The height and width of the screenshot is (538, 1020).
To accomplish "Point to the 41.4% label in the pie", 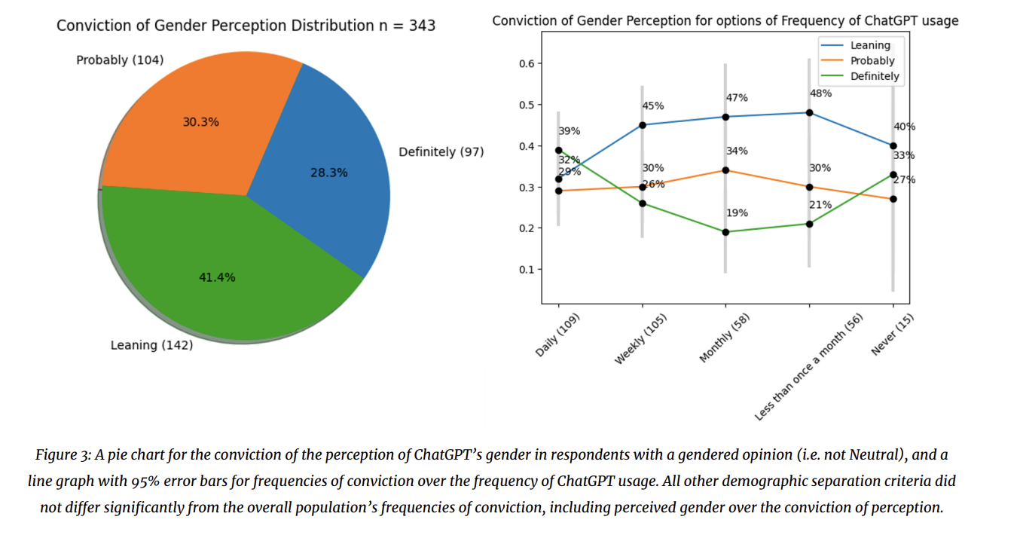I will point(217,277).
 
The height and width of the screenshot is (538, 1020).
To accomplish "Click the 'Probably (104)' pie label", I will point(120,60).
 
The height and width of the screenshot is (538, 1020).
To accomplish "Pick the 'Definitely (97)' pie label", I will point(441,152).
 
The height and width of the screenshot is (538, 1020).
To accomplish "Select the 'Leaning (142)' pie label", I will point(151,345).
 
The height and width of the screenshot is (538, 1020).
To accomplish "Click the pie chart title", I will point(246,26).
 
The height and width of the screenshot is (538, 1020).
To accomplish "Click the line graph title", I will point(725,21).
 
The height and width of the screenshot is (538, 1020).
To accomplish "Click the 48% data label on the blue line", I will point(820,93).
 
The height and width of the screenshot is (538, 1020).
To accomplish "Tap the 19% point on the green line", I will point(725,232).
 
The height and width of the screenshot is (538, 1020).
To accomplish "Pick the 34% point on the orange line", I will point(725,170).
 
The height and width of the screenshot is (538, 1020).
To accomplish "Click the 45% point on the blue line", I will point(642,125).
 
